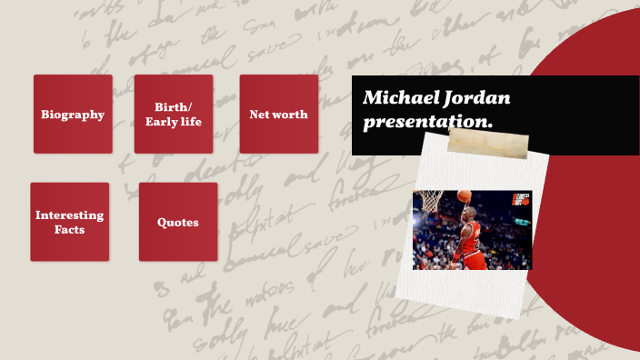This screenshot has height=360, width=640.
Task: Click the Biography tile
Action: click(x=73, y=115)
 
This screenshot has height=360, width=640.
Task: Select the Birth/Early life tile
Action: click(x=173, y=115)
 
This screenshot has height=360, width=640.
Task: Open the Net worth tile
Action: click(x=278, y=115)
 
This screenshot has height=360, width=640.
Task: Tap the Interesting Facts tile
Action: click(x=69, y=222)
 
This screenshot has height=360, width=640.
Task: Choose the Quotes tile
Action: click(x=177, y=222)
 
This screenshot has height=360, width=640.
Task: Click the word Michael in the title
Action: click(x=396, y=96)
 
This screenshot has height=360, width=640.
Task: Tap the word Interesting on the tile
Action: click(x=69, y=215)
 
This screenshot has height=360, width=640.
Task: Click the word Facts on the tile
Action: click(x=69, y=230)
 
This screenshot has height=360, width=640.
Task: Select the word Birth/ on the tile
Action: click(x=173, y=107)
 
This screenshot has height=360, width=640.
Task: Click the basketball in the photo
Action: click(x=465, y=196)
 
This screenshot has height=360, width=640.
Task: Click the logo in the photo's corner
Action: click(x=520, y=200)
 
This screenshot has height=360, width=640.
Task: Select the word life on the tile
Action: click(x=188, y=122)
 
